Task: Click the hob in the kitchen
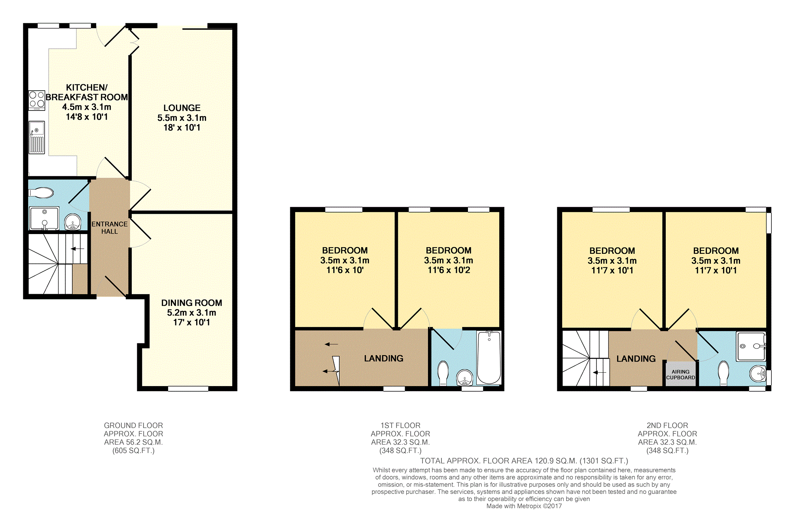pyautogui.click(x=37, y=100)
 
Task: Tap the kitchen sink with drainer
pyautogui.click(x=37, y=137)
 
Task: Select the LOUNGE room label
pyautogui.click(x=182, y=108)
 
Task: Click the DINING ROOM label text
pyautogui.click(x=191, y=303)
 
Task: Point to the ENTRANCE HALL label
pyautogui.click(x=110, y=228)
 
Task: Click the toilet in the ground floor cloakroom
pyautogui.click(x=42, y=193)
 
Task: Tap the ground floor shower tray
pyautogui.click(x=44, y=218)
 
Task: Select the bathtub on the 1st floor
pyautogui.click(x=489, y=358)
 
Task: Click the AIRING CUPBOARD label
pyautogui.click(x=680, y=375)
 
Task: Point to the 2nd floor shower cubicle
pyautogui.click(x=751, y=346)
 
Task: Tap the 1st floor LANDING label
pyautogui.click(x=384, y=358)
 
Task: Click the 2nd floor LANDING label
pyautogui.click(x=636, y=359)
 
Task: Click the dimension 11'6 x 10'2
pyautogui.click(x=449, y=270)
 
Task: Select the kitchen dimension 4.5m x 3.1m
pyautogui.click(x=87, y=107)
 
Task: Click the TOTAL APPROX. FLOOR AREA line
pyautogui.click(x=524, y=461)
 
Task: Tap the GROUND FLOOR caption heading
pyautogui.click(x=133, y=425)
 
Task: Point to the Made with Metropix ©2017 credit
pyautogui.click(x=524, y=506)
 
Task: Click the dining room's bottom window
pyautogui.click(x=188, y=389)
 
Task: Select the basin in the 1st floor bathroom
pyautogui.click(x=465, y=377)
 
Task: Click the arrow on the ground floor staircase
pyautogui.click(x=78, y=249)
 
